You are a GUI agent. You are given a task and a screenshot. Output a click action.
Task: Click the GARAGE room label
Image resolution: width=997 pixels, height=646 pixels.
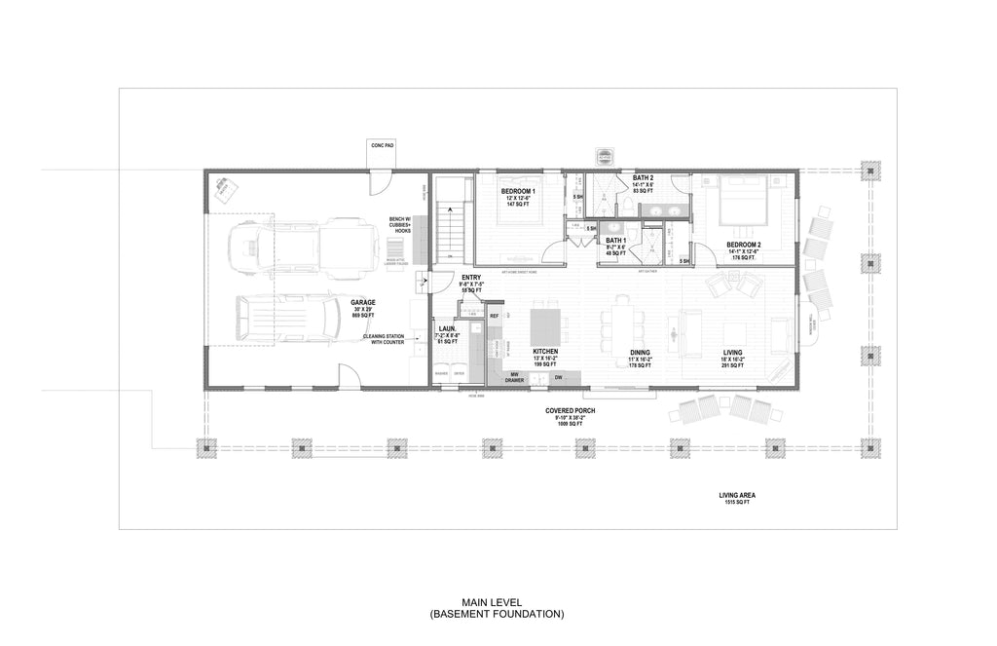point(363,302)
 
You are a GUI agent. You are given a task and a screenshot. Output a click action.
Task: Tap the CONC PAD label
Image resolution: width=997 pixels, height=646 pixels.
point(382,144)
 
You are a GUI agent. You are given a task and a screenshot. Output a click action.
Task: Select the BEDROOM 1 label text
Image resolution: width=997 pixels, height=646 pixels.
point(519,191)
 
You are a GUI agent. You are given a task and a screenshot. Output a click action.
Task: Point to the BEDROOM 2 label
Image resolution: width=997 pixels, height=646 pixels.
point(744,245)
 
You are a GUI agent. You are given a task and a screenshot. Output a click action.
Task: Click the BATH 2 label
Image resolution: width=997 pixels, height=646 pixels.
point(644,177)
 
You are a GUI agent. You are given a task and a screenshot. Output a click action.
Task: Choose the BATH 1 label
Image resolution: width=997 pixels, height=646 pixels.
point(615,240)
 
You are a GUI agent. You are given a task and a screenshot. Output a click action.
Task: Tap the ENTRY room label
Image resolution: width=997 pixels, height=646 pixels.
point(471,278)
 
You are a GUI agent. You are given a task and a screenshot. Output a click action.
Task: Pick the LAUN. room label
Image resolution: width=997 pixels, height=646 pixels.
point(447,329)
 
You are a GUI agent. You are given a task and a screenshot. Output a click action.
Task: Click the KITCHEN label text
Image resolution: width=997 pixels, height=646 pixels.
point(545,351)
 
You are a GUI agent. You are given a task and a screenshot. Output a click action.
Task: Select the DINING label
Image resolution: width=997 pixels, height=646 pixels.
point(640,352)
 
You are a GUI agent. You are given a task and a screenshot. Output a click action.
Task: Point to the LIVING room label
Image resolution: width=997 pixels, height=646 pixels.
point(733,352)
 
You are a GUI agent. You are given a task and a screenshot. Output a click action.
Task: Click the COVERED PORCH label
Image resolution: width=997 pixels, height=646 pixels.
point(571,411)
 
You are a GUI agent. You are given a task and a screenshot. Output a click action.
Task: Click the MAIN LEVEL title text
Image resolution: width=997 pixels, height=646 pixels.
point(498,603)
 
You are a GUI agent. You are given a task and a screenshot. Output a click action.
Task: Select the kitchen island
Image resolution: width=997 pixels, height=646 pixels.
point(546,323)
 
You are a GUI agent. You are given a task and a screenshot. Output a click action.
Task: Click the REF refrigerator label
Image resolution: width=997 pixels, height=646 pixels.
point(494,317)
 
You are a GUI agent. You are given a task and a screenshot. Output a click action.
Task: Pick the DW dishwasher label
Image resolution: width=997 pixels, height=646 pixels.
point(559,377)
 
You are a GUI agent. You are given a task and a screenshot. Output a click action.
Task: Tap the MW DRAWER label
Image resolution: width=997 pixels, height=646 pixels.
point(514,377)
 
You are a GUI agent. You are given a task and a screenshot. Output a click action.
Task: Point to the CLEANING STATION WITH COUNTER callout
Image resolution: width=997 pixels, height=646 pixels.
point(384,339)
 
